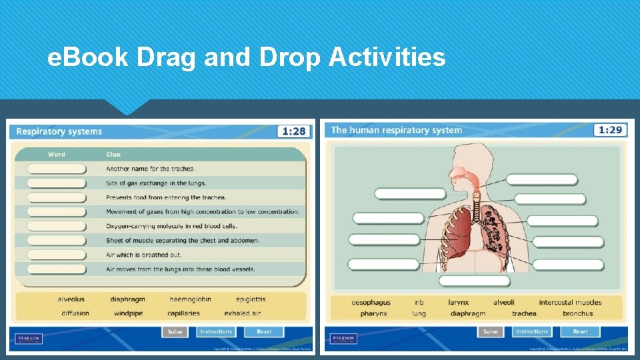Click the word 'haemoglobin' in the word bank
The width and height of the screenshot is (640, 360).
190,299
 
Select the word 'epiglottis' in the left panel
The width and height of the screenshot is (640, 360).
251,299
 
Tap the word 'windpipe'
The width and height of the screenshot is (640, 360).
128,313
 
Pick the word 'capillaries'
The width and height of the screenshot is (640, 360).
183,313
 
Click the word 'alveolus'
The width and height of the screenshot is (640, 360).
71,299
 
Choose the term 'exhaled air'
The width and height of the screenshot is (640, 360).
242,313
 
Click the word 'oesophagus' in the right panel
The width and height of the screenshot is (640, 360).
371,303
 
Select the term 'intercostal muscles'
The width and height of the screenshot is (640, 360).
570,303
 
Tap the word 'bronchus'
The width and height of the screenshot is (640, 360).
577,313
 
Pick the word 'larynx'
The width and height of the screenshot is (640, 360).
458,303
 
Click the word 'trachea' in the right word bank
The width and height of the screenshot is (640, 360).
524,313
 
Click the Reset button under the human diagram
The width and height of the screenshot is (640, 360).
580,331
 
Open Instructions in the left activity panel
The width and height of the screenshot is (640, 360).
216,331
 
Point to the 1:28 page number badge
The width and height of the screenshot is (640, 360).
294,131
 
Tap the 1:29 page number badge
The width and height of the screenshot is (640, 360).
610,130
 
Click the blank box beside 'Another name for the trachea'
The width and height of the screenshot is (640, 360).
57,169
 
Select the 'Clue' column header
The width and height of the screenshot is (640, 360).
113,155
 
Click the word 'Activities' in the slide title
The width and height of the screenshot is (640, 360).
387,58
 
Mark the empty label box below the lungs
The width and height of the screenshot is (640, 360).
473,281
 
